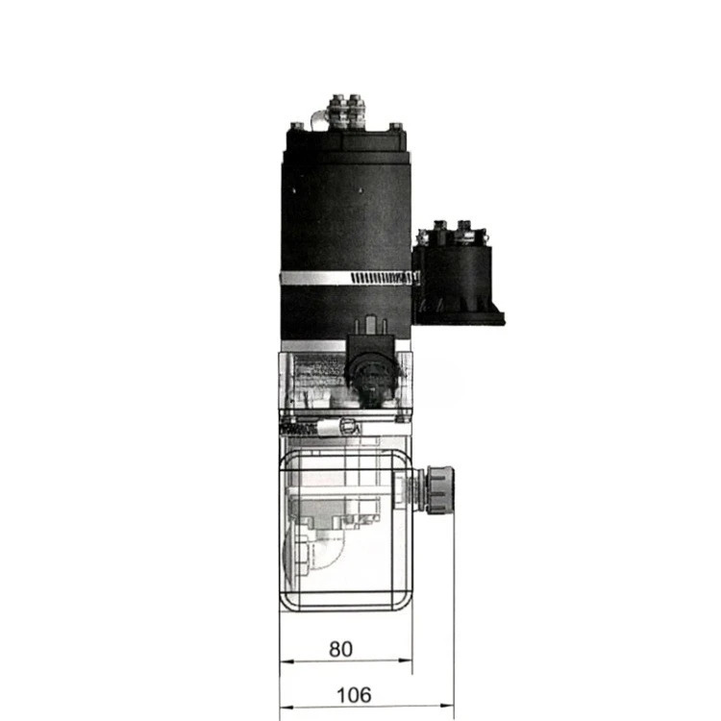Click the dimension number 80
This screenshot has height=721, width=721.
(340, 649)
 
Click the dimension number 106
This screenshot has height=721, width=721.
(354, 695)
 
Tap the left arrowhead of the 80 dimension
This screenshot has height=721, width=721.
(286, 661)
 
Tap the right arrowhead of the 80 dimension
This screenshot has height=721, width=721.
(406, 660)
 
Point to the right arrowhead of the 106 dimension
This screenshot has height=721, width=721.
(447, 706)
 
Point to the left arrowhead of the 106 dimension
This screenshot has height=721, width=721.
(286, 708)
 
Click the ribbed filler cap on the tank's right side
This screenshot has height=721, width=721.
(440, 489)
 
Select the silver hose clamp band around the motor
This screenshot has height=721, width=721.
(350, 278)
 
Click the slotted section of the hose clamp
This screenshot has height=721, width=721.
(383, 278)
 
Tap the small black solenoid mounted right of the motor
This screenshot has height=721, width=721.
(458, 276)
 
